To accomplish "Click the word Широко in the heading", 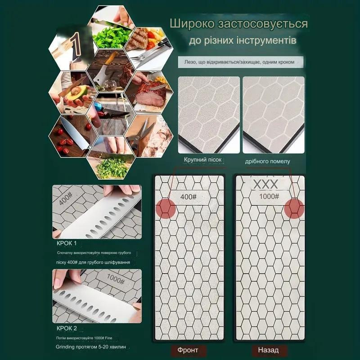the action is tap(192, 24).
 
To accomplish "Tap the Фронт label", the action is tap(188, 350).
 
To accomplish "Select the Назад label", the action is tap(268, 350).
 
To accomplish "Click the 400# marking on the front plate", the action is tap(188, 197).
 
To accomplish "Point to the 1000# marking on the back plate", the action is tap(269, 196).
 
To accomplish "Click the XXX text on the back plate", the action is tap(265, 184).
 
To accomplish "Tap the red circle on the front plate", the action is tap(166, 208).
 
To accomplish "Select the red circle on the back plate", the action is tap(294, 208).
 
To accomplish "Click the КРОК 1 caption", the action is tap(67, 243).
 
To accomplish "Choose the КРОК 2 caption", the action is tap(67, 328).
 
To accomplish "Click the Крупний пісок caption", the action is tap(203, 160).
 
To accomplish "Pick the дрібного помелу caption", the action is tap(267, 162).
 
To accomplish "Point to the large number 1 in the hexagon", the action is tap(75, 45).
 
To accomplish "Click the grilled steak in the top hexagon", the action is tap(137, 39).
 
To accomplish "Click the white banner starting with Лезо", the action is tap(241, 62).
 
